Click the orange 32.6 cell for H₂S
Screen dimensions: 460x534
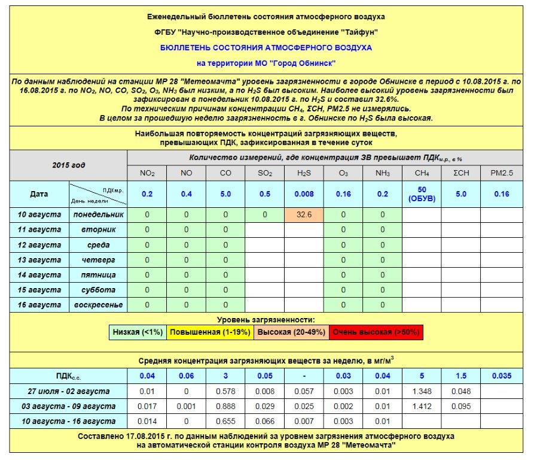click(304, 214)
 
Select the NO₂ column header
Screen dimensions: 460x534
click(147, 174)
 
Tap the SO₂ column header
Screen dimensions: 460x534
click(264, 174)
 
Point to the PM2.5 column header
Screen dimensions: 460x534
click(502, 174)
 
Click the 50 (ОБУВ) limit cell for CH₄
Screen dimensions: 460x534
click(422, 194)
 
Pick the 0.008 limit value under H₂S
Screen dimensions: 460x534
click(304, 194)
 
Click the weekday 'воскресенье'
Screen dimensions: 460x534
click(98, 305)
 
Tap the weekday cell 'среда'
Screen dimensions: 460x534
click(98, 245)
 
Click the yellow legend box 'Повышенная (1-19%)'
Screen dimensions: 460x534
click(209, 332)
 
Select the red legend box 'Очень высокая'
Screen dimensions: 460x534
click(376, 332)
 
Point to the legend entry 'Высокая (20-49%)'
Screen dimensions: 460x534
click(291, 332)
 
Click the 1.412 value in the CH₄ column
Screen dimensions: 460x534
click(422, 406)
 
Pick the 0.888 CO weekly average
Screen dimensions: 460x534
click(225, 406)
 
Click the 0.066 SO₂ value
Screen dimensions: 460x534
click(264, 421)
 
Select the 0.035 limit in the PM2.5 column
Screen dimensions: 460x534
click(502, 376)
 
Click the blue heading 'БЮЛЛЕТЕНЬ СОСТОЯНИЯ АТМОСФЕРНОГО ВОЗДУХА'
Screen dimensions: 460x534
click(266, 47)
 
